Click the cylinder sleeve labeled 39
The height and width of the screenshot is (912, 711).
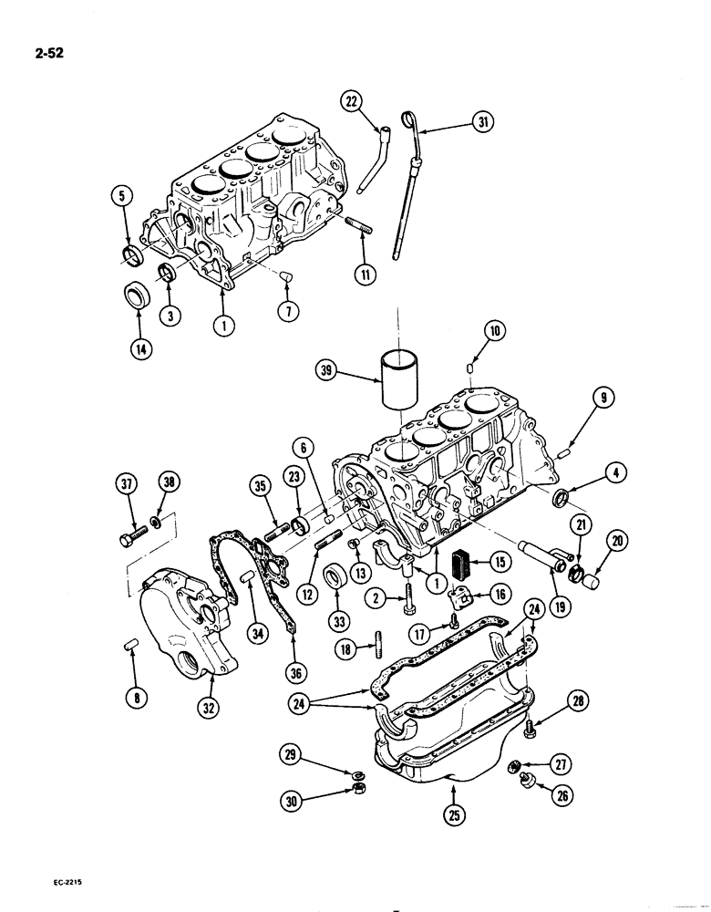coord(398,378)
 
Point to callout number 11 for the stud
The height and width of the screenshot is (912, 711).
coord(366,271)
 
